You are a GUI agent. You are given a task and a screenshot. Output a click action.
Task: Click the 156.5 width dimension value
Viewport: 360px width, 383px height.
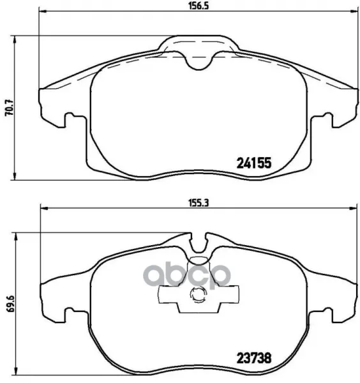tap(199, 6)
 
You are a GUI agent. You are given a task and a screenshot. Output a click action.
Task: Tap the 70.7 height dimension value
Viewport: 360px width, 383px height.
tap(10, 108)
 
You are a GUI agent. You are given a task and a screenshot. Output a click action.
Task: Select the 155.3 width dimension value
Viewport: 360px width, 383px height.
tap(199, 203)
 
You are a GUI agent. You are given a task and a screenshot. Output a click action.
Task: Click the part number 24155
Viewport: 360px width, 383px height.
tap(254, 163)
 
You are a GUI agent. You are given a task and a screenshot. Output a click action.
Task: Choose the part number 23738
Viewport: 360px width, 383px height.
tap(254, 359)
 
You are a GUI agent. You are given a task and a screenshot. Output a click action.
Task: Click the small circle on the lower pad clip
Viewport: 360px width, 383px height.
tap(197, 295)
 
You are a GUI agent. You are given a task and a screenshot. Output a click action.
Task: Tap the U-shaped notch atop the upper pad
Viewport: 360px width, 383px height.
tap(199, 61)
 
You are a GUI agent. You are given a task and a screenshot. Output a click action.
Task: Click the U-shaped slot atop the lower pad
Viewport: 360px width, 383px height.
tap(199, 243)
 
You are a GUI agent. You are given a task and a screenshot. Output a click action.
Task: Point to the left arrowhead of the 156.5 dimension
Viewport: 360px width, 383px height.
tap(43, 11)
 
